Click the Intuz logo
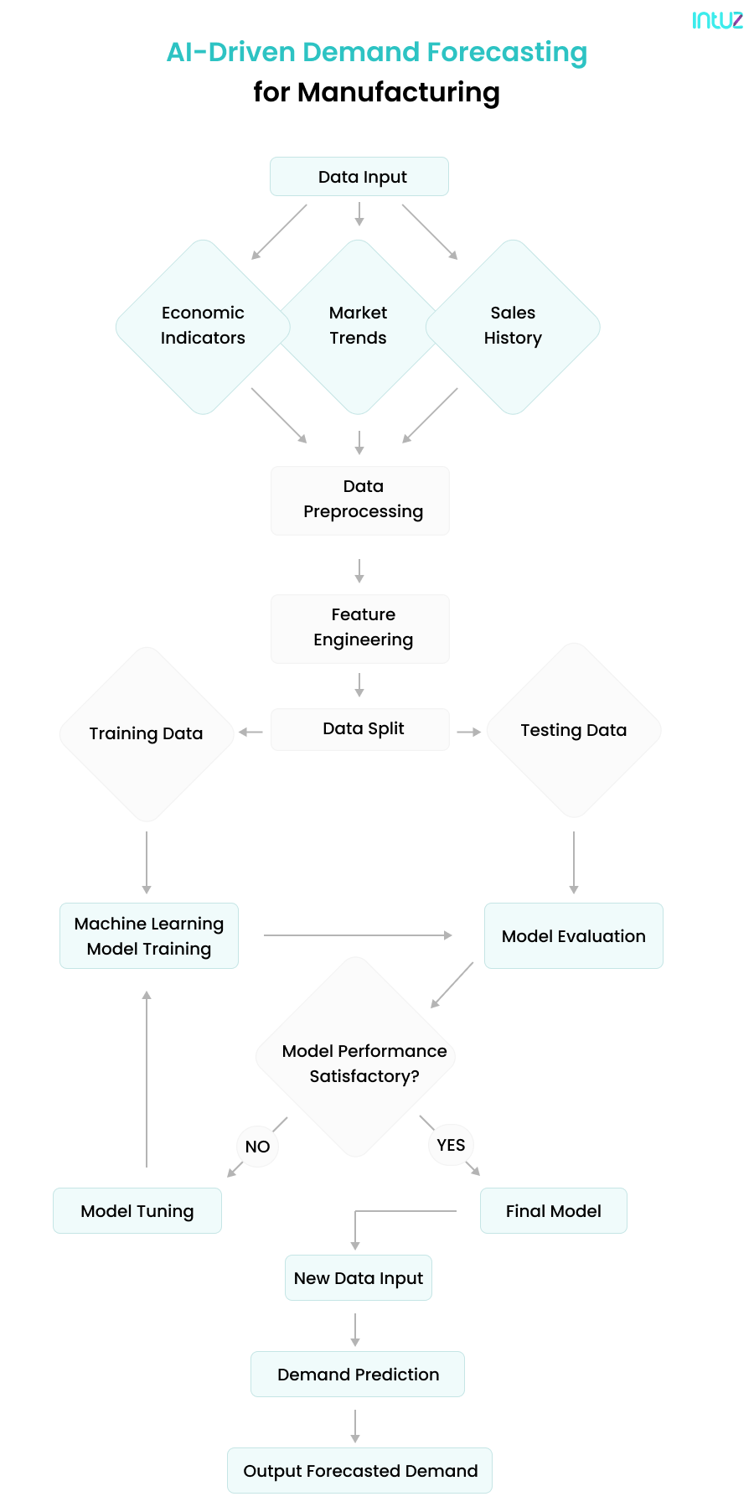pyautogui.click(x=717, y=20)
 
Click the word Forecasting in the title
pyautogui.click(x=507, y=52)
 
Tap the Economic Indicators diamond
pyautogui.click(x=203, y=326)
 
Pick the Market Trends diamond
pyautogui.click(x=359, y=326)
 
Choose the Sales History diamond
pyautogui.click(x=513, y=326)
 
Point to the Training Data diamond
pyautogui.click(x=147, y=734)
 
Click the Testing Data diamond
pyautogui.click(x=574, y=731)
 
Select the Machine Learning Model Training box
pyautogui.click(x=149, y=936)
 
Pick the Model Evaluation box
pyautogui.click(x=574, y=936)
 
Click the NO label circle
pyautogui.click(x=257, y=1147)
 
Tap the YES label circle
pyautogui.click(x=451, y=1145)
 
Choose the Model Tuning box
pyautogui.click(x=137, y=1211)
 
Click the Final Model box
pyautogui.click(x=554, y=1211)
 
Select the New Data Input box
pyautogui.click(x=359, y=1278)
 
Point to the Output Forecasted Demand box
pyautogui.click(x=360, y=1471)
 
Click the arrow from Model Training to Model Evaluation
pyautogui.click(x=359, y=935)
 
